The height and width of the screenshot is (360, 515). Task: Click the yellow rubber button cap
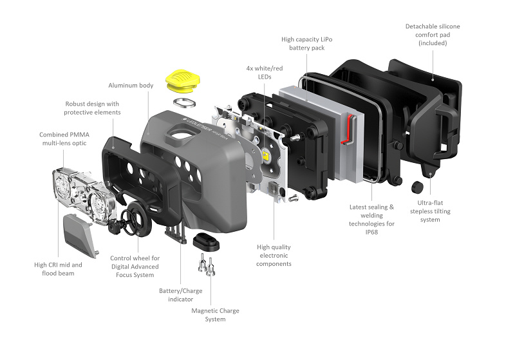tap(183, 80)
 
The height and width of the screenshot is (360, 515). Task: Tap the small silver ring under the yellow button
tap(184, 103)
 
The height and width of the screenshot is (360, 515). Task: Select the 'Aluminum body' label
tap(131, 86)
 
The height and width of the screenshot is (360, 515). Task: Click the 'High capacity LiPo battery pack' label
tap(307, 43)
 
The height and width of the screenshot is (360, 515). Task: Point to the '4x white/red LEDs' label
tap(265, 72)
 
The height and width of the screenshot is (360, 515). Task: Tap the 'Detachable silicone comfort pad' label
tap(433, 35)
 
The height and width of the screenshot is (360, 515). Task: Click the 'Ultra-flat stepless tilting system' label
tap(430, 211)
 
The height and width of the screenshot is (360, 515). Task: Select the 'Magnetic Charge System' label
tap(215, 315)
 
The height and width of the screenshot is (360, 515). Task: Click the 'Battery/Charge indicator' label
tap(181, 295)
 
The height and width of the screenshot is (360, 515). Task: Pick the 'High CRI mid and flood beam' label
tap(58, 269)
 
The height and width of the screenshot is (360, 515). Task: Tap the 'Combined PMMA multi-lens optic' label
tap(64, 138)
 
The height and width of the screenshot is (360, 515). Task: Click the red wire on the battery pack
tap(348, 129)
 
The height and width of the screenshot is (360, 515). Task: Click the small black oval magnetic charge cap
tap(206, 242)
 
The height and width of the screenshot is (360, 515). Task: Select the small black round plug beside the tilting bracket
tap(417, 187)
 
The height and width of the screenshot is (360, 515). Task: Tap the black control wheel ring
tap(137, 219)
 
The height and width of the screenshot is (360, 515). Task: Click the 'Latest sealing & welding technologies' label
tap(371, 220)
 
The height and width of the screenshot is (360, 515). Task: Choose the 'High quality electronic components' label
tap(274, 255)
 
